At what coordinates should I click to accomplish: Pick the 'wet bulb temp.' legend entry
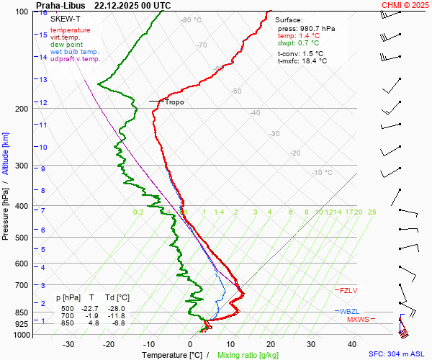coord(75,52)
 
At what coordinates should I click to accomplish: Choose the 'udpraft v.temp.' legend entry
coord(76,59)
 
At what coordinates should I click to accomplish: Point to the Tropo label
coord(174,102)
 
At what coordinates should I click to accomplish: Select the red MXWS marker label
coord(357,319)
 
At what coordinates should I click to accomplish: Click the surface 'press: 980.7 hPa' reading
coord(306,28)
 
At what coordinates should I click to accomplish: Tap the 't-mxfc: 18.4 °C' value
coord(302,60)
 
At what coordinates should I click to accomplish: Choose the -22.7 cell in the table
coord(91,308)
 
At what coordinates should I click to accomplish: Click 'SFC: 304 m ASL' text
coord(399,354)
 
